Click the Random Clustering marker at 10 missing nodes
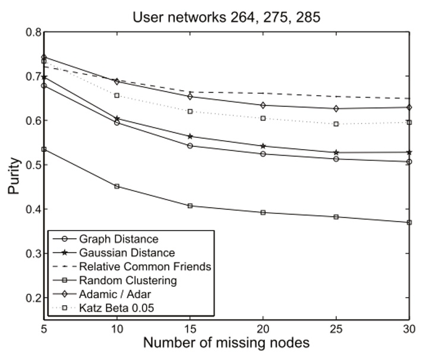(117, 187)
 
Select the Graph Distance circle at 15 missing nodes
(190, 146)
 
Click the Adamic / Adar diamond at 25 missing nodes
(336, 109)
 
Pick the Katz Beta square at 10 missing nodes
(117, 96)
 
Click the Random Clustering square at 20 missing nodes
(263, 213)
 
